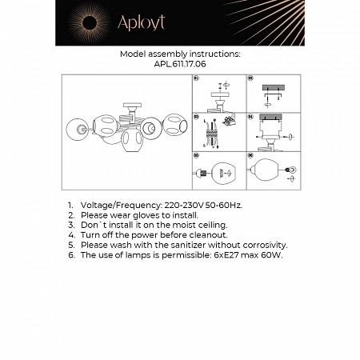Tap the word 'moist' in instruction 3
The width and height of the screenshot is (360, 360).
point(169,226)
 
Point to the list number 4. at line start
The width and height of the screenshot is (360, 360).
point(71,235)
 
